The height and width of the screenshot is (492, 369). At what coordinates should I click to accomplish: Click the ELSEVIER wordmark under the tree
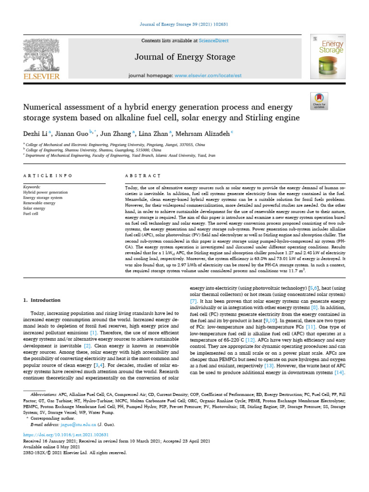pos(41,76)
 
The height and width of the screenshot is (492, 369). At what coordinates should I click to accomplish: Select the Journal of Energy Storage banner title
pos(185,57)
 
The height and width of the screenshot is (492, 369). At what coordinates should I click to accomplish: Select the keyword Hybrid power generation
pos(45,192)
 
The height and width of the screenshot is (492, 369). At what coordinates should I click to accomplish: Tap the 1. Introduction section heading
pos(42,300)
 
